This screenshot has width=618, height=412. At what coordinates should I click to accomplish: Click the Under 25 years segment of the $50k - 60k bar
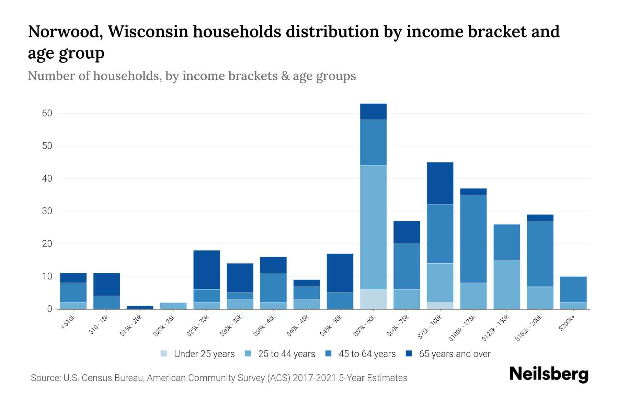pyautogui.click(x=373, y=299)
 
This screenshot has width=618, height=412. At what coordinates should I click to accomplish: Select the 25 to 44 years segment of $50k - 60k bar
pyautogui.click(x=373, y=227)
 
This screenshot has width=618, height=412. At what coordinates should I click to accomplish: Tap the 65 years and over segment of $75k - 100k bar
pyautogui.click(x=440, y=183)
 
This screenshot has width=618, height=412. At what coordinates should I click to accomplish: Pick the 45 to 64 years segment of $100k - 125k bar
pyautogui.click(x=473, y=239)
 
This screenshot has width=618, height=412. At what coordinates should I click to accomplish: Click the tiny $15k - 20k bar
pyautogui.click(x=140, y=307)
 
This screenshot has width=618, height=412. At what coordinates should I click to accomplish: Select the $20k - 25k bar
pyautogui.click(x=173, y=306)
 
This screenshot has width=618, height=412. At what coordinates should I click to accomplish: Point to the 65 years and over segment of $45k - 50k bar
pyautogui.click(x=340, y=273)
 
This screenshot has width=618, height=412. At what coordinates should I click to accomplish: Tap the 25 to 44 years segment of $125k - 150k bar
pyautogui.click(x=506, y=284)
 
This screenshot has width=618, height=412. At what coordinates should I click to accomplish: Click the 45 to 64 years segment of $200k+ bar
pyautogui.click(x=573, y=289)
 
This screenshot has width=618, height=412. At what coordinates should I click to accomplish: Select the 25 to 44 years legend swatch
pyautogui.click(x=248, y=354)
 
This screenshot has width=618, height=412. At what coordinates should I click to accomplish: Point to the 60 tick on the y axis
pyautogui.click(x=47, y=113)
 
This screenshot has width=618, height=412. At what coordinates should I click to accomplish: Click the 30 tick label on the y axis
pyautogui.click(x=47, y=211)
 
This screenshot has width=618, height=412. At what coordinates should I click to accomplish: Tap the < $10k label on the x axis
pyautogui.click(x=68, y=322)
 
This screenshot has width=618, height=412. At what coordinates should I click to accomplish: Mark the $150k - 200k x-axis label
pyautogui.click(x=529, y=328)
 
